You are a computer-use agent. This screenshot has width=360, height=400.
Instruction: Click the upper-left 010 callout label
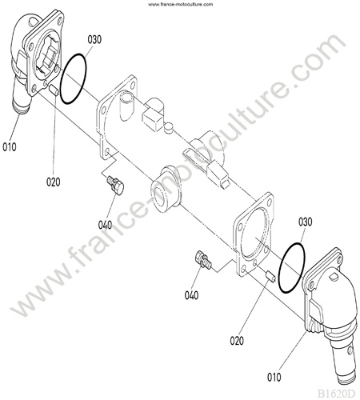(x=10, y=147)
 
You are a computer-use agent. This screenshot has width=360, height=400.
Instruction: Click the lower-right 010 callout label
(x=274, y=378)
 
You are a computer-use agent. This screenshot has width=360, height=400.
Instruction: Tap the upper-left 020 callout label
(x=54, y=182)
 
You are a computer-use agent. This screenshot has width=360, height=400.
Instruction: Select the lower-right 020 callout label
(x=237, y=341)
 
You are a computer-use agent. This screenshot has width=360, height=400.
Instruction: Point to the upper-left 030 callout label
(x=94, y=39)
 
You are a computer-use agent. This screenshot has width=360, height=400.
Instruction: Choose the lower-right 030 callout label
(x=305, y=222)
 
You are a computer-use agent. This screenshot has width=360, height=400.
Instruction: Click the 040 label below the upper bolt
(x=105, y=225)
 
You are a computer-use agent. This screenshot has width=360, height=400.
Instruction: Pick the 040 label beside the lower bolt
(x=191, y=295)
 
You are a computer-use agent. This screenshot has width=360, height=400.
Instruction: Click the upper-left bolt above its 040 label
(x=115, y=185)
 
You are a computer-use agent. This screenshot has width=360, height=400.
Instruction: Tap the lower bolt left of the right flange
(x=203, y=259)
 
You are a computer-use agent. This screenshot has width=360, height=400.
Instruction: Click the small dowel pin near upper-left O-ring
(x=54, y=90)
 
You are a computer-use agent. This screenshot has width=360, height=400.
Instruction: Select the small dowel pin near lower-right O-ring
(x=270, y=277)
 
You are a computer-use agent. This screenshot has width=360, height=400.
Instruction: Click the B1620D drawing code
(x=336, y=394)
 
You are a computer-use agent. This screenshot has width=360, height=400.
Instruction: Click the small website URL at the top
(x=181, y=4)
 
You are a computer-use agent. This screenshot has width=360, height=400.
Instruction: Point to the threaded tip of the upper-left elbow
(x=21, y=108)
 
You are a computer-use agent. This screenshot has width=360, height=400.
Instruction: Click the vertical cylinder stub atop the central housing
(x=126, y=106)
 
